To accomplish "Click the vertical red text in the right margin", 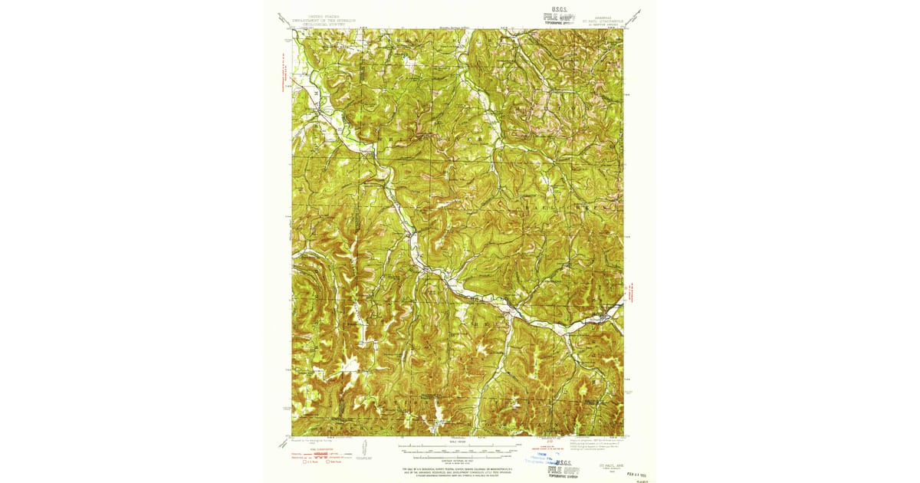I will pos(634,292).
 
